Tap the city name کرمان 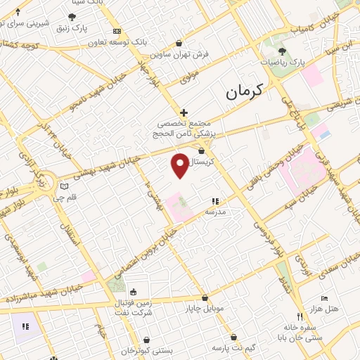click(x=243, y=91)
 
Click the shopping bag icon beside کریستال click(x=202, y=150)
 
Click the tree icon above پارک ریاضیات click(x=283, y=51)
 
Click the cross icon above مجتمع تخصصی click(x=184, y=112)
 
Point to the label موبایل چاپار click(x=203, y=309)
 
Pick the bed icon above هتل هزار click(x=324, y=298)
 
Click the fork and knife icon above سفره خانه click(x=300, y=316)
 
